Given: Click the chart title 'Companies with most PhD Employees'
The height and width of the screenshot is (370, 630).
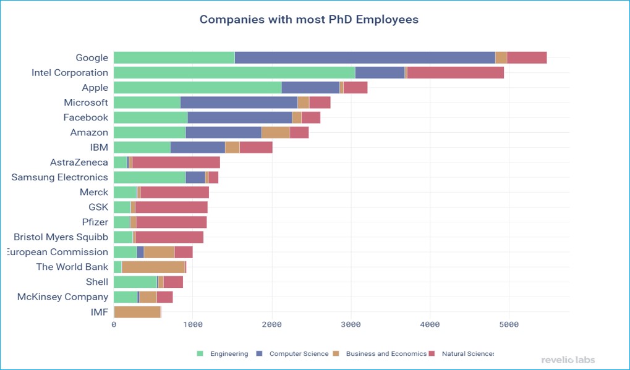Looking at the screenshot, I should pyautogui.click(x=309, y=20).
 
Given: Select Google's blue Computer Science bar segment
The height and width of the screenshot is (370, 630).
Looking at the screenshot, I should pyautogui.click(x=365, y=57).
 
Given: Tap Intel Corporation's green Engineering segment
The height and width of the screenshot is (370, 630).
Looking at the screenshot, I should pyautogui.click(x=234, y=72).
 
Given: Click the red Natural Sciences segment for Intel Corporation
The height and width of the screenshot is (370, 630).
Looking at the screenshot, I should pyautogui.click(x=455, y=72).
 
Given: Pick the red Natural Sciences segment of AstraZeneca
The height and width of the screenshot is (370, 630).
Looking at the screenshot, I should pyautogui.click(x=176, y=162).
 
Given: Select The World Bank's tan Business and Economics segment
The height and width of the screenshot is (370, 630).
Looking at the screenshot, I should pyautogui.click(x=153, y=267).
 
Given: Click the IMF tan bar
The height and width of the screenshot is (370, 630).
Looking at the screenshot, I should pyautogui.click(x=137, y=312).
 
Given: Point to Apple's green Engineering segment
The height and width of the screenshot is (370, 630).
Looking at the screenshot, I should pyautogui.click(x=197, y=88).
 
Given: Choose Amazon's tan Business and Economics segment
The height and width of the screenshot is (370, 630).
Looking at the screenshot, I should pyautogui.click(x=275, y=132).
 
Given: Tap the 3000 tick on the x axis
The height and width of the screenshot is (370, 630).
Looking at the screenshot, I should pyautogui.click(x=351, y=324).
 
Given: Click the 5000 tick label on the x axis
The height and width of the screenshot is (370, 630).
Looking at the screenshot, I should pyautogui.click(x=509, y=324).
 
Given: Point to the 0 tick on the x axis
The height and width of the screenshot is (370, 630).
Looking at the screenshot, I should pyautogui.click(x=114, y=324).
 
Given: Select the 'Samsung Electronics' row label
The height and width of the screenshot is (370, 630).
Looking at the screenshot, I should pyautogui.click(x=60, y=177).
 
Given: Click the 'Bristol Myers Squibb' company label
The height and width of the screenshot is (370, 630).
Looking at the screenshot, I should pyautogui.click(x=61, y=237).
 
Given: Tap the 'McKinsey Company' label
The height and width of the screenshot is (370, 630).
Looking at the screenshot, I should pyautogui.click(x=62, y=297).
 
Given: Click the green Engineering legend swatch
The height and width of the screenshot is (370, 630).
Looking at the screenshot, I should pyautogui.click(x=200, y=354).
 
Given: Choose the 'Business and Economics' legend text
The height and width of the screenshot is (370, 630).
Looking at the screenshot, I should pyautogui.click(x=386, y=354).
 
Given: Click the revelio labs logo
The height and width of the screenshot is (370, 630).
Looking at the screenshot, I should pyautogui.click(x=568, y=359).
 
